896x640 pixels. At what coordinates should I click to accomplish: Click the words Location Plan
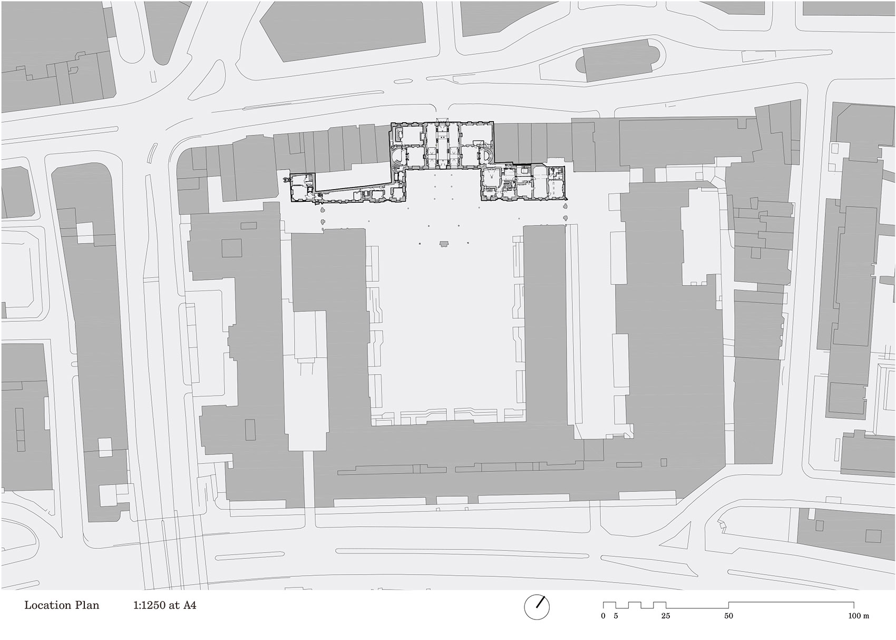click(62, 605)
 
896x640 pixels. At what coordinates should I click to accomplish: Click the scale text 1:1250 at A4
click(165, 605)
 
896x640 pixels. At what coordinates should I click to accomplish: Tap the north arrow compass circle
click(537, 607)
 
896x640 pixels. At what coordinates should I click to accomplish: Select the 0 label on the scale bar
click(603, 616)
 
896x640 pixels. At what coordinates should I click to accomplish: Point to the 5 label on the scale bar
click(616, 616)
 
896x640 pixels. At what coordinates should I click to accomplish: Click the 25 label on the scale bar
click(666, 616)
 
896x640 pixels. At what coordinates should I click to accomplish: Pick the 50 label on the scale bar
click(728, 616)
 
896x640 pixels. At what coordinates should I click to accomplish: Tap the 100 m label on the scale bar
click(859, 616)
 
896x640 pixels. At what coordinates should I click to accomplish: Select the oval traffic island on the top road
click(403, 81)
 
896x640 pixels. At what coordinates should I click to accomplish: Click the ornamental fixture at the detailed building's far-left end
click(286, 180)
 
